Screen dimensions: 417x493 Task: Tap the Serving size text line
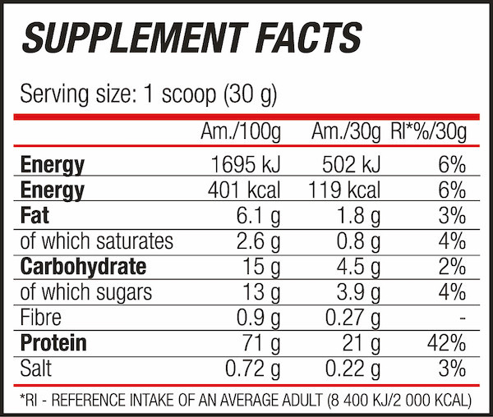(x=149, y=93)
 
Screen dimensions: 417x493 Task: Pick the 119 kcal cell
(x=346, y=190)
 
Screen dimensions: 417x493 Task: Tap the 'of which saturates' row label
(x=96, y=241)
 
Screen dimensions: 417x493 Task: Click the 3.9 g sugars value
(x=355, y=292)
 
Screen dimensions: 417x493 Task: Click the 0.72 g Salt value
(x=251, y=369)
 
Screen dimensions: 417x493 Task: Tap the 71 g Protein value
(x=262, y=343)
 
